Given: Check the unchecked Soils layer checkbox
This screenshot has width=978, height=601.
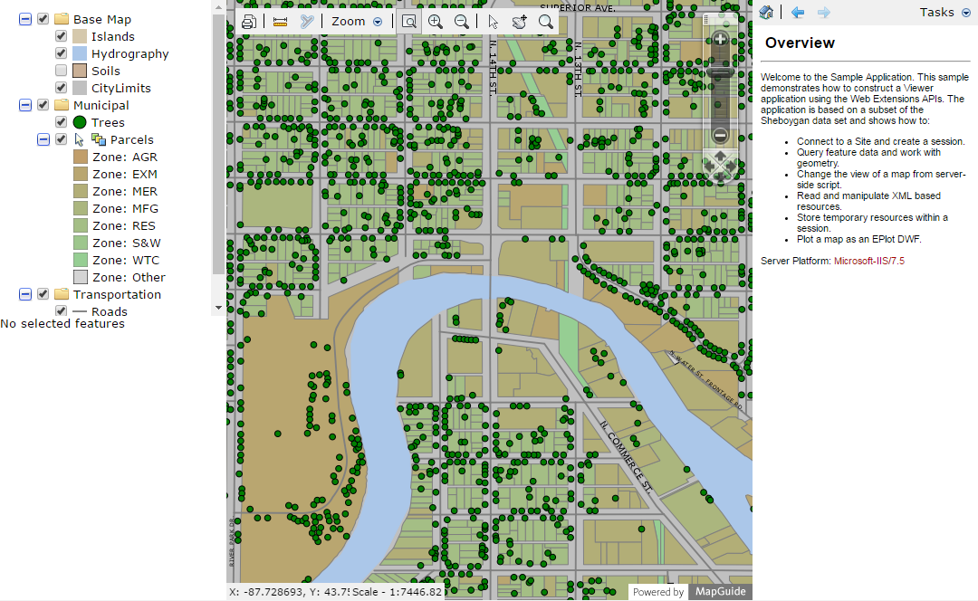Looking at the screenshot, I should click(x=61, y=71).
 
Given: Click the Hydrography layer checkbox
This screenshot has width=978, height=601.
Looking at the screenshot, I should click(x=61, y=53).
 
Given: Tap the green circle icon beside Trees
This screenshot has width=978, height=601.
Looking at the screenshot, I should click(x=80, y=122).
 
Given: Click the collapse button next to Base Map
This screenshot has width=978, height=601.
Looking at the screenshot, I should click(x=24, y=19).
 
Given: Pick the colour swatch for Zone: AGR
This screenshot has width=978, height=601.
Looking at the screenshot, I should click(x=80, y=157).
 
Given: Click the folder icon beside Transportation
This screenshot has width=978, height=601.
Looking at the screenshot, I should click(x=62, y=294).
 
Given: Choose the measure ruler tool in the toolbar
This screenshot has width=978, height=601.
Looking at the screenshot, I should click(x=280, y=22).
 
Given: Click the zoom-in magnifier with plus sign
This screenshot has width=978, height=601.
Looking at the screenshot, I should click(x=436, y=22).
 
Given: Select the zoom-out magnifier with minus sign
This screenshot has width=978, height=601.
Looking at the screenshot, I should click(x=462, y=22).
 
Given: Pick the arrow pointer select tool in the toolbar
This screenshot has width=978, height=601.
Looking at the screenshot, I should click(x=493, y=22).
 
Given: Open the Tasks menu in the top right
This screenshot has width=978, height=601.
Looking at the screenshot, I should click(x=944, y=12).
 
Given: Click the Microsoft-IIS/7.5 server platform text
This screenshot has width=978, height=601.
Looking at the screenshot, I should click(x=869, y=261).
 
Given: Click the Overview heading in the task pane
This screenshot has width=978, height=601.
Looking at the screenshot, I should click(x=800, y=43).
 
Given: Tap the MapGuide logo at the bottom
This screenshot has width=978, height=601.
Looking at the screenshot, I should click(x=721, y=592).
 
